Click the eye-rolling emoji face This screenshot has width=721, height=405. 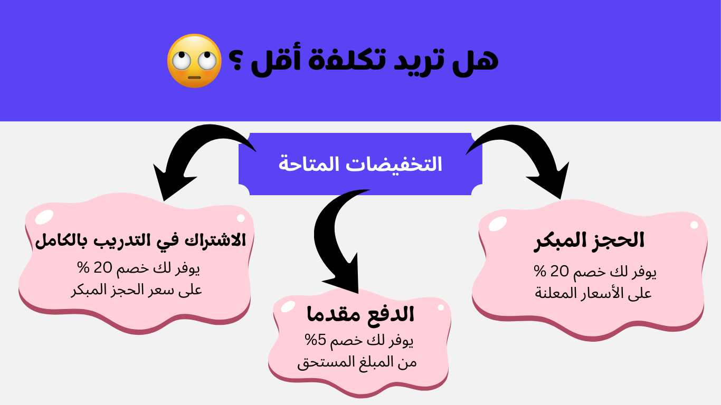(194, 61)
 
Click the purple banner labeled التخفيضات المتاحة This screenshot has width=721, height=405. (360, 163)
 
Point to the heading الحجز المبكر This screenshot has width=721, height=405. (589, 242)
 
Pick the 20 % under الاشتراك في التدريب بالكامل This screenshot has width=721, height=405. (94, 267)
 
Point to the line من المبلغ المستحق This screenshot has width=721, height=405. (357, 362)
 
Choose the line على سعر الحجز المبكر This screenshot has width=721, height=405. (137, 289)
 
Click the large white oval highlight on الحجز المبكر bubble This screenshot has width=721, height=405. (498, 224)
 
